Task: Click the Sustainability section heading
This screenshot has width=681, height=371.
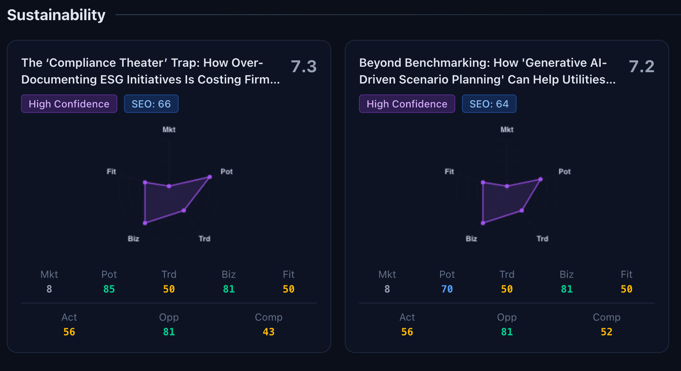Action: pos(56,15)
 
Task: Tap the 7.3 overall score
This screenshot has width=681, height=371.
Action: pos(304,66)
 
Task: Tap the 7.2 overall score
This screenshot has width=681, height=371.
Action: pos(641,66)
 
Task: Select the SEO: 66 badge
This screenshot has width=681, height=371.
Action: pos(151,104)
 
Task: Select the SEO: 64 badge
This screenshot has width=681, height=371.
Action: pos(489,104)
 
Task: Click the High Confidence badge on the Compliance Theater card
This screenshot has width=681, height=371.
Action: pos(69,104)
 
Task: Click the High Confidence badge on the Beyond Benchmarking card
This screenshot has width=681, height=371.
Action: pos(407,104)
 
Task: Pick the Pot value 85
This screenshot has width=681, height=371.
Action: pos(109,289)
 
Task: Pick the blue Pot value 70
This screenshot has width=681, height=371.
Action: pos(447,289)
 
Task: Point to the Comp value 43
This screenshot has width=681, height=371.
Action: pos(269,332)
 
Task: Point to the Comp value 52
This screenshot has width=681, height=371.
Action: pos(606,332)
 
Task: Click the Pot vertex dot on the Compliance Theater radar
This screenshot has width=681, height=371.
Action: pos(210,177)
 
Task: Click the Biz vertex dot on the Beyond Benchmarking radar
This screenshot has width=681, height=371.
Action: pos(483,223)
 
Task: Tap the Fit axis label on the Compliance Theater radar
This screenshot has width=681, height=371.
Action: pos(111,171)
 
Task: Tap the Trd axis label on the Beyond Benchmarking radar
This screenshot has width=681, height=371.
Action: pos(542,238)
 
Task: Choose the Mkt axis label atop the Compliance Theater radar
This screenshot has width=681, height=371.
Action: pos(169,130)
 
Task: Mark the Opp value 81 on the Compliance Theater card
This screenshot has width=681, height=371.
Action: pos(169,332)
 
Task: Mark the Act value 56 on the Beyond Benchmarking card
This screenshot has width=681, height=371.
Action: pos(407,332)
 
